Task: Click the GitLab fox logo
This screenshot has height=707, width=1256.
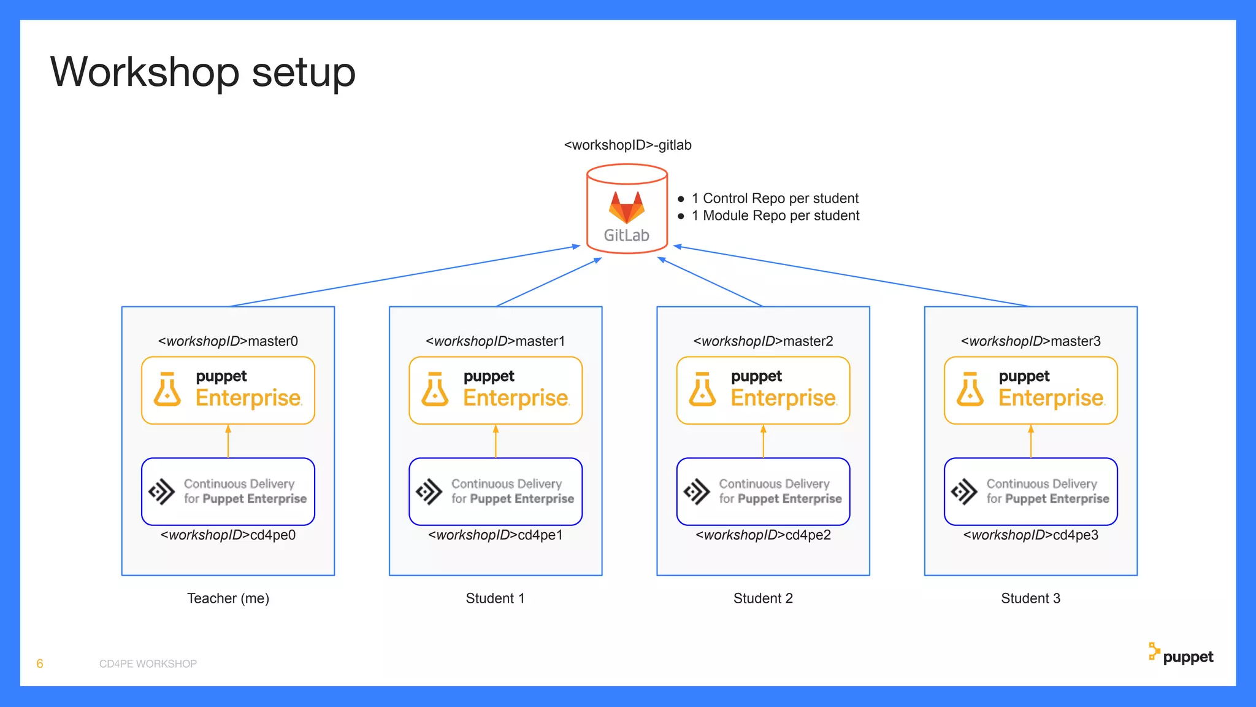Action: point(626,207)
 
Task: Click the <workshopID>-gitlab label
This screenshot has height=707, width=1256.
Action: point(627,145)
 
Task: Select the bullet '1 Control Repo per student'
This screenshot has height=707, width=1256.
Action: point(775,198)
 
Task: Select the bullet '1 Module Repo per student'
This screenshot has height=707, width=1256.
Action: point(775,215)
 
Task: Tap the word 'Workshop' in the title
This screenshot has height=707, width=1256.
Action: point(144,72)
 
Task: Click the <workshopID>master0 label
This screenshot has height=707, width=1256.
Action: point(228,341)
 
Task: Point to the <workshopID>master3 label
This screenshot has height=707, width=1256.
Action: point(1030,341)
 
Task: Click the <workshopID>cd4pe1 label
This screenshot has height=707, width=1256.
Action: point(495,535)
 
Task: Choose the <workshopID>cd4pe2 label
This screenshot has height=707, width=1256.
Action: point(763,535)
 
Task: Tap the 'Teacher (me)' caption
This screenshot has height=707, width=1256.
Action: point(228,598)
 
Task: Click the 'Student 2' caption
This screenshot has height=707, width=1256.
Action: point(763,598)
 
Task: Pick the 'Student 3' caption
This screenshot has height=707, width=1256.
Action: point(1030,598)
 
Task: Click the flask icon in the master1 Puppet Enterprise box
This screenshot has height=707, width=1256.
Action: point(435,390)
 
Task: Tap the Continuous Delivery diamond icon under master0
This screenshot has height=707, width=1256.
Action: point(162,492)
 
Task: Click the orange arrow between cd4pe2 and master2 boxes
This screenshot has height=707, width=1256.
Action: point(763,441)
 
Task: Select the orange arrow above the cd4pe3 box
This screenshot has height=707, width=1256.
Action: point(1031,441)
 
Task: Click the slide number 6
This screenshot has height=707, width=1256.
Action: point(40,663)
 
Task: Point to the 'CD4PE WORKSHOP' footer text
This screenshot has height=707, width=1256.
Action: point(148,664)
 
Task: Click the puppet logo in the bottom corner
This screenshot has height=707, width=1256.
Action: point(1181,655)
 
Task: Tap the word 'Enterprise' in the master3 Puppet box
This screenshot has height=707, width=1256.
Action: point(1051,398)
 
